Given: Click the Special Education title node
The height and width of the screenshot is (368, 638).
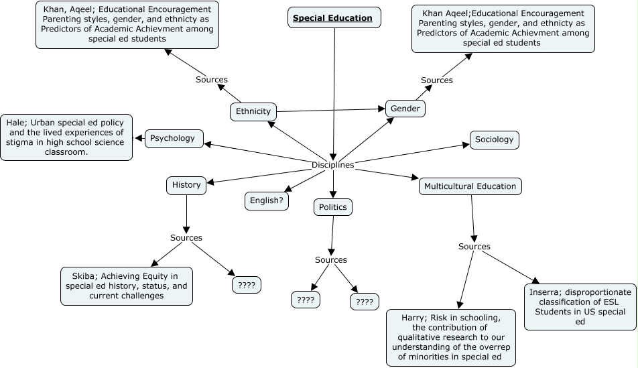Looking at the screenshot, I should click(x=334, y=18).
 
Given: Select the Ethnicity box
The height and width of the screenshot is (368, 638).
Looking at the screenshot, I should click(x=253, y=112).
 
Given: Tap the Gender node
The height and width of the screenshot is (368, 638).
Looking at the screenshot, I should click(x=405, y=109).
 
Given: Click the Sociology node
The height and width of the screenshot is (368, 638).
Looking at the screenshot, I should click(x=494, y=139).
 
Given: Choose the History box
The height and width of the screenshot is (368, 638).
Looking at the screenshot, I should click(x=186, y=185).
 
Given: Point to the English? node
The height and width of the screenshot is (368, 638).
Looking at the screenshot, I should click(x=266, y=200).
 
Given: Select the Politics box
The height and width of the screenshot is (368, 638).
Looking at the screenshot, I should click(x=332, y=207).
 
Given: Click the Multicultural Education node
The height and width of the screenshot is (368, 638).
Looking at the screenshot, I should click(x=470, y=186).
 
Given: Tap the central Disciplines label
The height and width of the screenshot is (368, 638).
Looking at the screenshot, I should click(x=332, y=165).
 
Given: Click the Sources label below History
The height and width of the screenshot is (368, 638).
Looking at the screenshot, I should click(x=186, y=238).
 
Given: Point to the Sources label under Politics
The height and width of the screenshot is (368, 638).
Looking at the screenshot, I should click(x=331, y=260).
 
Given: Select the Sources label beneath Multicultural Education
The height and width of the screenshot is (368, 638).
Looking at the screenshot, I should click(x=474, y=247).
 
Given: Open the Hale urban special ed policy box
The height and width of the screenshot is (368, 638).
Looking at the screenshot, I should click(x=66, y=137).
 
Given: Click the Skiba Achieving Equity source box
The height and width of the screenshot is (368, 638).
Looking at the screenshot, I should click(x=126, y=286).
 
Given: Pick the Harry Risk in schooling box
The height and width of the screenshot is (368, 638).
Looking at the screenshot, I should click(x=451, y=337).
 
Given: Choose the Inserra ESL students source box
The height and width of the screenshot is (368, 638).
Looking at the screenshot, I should click(x=580, y=306).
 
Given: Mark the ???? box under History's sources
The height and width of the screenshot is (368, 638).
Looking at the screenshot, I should click(x=246, y=285).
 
